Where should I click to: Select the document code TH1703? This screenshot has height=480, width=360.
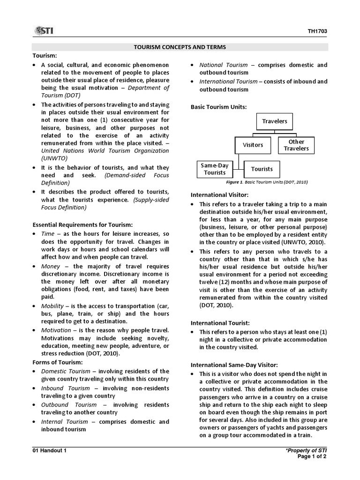coord(317,32)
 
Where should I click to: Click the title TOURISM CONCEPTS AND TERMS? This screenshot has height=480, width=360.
coord(180,47)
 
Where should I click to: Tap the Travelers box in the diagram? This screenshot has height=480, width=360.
coord(274,121)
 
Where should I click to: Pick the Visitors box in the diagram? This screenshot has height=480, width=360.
coord(253,145)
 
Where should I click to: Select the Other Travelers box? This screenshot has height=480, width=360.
coord(296,145)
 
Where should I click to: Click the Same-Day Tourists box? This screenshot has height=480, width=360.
coord(214,169)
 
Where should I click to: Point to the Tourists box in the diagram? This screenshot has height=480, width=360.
coord(262,169)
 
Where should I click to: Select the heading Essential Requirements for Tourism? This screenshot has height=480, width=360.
coord(82,225)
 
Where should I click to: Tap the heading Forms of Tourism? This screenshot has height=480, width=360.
coord(57,362)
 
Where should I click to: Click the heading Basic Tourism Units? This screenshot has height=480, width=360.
coord(218,107)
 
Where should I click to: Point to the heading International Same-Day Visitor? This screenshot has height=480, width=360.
coord(234,365)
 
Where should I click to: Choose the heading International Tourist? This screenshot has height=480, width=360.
coord(220,323)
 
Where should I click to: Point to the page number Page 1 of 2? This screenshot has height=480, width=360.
coord(312,457)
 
